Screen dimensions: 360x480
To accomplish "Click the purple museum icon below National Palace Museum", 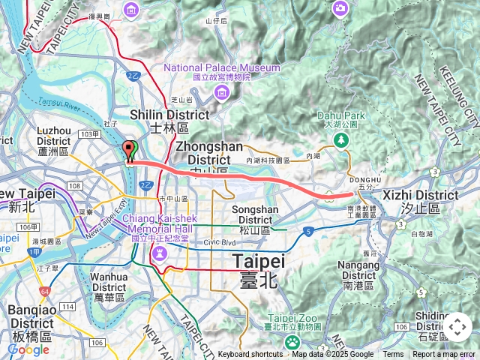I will point(222,91).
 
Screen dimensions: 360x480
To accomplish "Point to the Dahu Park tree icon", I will point(342,140).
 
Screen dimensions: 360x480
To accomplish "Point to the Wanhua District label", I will point(109,281).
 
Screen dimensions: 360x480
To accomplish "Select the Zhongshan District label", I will point(204,153).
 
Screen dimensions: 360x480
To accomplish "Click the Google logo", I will point(28,349).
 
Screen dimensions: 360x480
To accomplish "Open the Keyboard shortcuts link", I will point(250,355).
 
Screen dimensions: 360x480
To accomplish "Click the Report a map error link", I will point(444,355).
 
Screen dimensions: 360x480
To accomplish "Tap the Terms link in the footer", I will point(393,355).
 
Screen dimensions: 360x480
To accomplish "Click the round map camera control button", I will point(457,327).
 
